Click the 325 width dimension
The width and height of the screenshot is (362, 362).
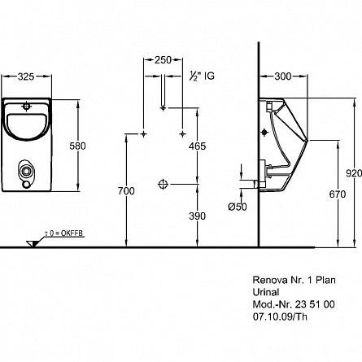(x=26, y=76)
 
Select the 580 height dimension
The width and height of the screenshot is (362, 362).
(x=77, y=146)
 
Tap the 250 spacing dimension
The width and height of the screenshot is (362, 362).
(x=163, y=60)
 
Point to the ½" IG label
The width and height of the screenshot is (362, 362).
(x=202, y=76)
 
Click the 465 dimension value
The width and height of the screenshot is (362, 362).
(x=198, y=146)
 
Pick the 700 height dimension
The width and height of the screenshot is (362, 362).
(x=126, y=191)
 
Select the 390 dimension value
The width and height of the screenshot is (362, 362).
(x=198, y=216)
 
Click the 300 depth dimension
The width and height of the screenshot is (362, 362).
(x=283, y=76)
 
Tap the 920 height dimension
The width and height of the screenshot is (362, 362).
(x=354, y=173)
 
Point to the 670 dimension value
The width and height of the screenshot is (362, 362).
(x=338, y=194)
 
